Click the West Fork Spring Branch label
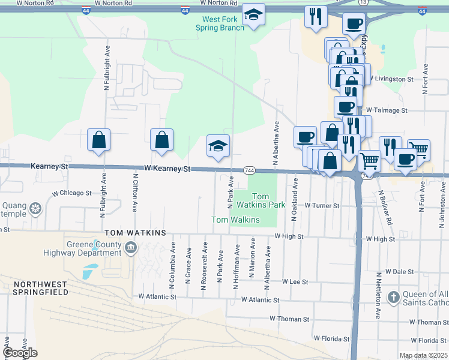click(x=220, y=23)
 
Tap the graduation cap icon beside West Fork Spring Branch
click(x=254, y=16)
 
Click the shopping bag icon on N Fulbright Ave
click(x=98, y=140)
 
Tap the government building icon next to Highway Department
click(x=130, y=247)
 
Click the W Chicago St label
click(x=71, y=193)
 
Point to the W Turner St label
click(x=322, y=205)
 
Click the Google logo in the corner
click(x=20, y=353)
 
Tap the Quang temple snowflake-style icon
click(x=36, y=209)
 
